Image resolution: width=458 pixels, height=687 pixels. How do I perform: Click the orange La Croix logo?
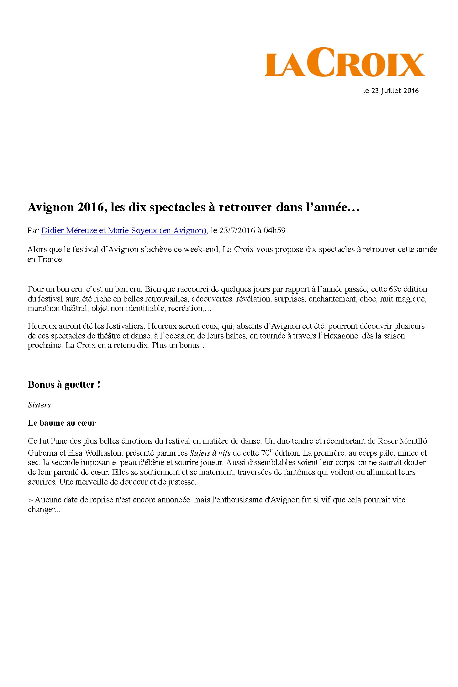[345, 62]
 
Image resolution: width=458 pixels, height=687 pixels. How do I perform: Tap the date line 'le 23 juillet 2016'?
[391, 91]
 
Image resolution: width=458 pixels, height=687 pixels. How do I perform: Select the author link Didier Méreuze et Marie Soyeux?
[124, 231]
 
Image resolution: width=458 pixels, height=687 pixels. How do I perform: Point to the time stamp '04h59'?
[274, 231]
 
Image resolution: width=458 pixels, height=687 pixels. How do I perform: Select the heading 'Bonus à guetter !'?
[64, 385]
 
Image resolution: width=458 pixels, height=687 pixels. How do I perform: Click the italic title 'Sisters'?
[39, 405]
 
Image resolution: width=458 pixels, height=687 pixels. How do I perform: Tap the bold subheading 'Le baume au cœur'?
[62, 423]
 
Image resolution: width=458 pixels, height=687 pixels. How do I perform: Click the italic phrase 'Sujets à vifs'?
[210, 453]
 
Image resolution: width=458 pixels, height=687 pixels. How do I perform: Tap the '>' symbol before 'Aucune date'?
[30, 500]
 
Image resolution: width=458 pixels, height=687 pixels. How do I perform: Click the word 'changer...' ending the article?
[44, 510]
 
